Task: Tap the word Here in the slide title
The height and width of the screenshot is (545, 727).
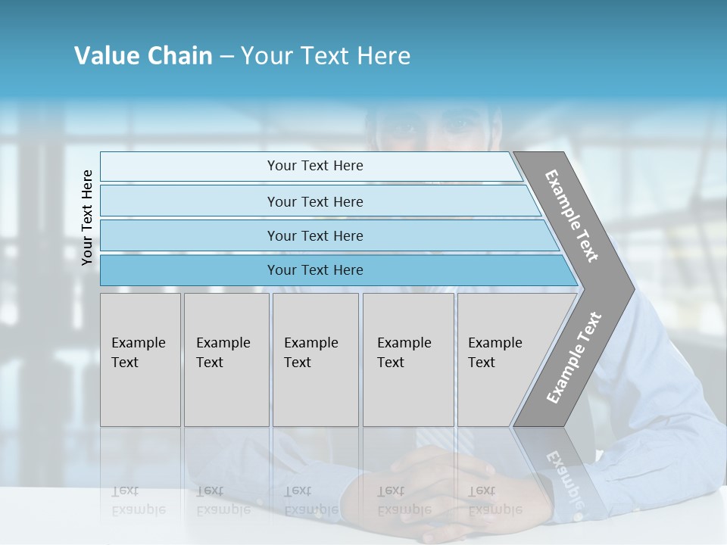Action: (383, 56)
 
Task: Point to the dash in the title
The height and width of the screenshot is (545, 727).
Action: (226, 57)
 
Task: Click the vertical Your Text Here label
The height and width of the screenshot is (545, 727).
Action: (87, 217)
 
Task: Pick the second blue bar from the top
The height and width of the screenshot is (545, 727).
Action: (315, 201)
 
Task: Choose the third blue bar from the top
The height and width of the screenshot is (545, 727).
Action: (315, 235)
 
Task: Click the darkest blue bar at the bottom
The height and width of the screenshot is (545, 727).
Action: (315, 270)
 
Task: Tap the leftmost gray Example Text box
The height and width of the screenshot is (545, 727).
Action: (140, 360)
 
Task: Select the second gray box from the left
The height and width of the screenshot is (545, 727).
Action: (226, 360)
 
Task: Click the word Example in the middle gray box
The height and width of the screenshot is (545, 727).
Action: (310, 343)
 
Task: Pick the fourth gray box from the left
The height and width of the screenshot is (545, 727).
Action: (407, 360)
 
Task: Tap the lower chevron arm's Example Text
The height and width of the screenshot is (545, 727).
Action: (574, 357)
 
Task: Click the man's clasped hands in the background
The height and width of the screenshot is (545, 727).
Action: (439, 484)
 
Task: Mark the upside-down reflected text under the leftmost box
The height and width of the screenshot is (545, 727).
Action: (139, 500)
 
